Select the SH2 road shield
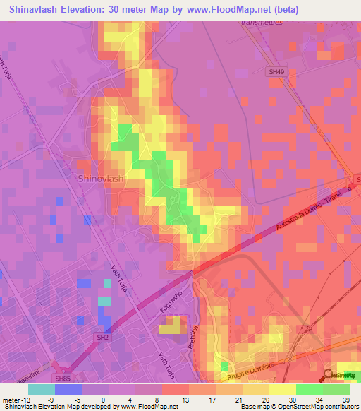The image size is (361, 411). tap(103, 338)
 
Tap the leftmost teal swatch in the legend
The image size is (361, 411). tap(41, 388)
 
